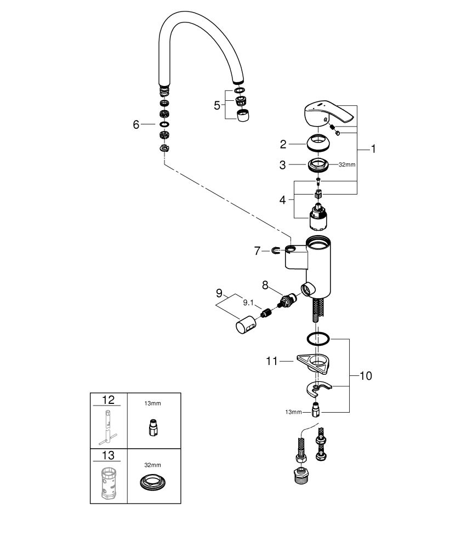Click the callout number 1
tap(373, 149)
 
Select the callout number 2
tap(283, 144)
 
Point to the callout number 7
tap(257, 250)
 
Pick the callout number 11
tap(272, 361)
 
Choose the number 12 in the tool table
tap(107, 401)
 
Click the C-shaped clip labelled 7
tap(275, 251)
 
